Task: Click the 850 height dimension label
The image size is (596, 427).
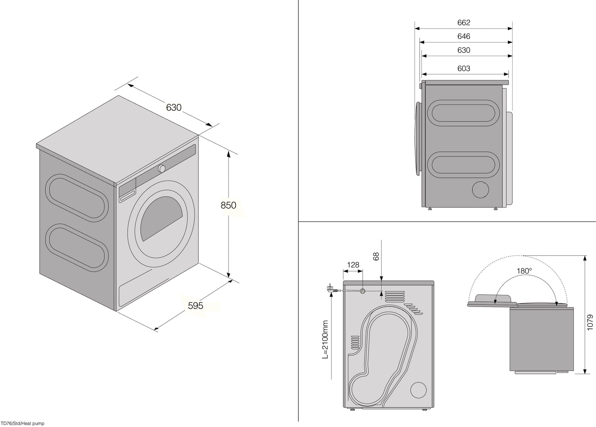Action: [x=228, y=205]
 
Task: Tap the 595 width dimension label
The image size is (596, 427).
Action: [x=195, y=306]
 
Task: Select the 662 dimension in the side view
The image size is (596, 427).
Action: [x=464, y=23]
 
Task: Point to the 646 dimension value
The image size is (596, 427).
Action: [x=464, y=36]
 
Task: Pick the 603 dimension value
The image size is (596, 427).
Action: [x=464, y=69]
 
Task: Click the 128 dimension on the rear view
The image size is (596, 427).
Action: [x=353, y=265]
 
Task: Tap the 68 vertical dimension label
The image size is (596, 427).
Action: [x=376, y=256]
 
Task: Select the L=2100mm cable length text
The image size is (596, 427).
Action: [x=325, y=340]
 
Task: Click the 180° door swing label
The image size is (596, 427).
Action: [x=524, y=271]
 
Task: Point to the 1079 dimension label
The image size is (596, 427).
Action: [x=590, y=322]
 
